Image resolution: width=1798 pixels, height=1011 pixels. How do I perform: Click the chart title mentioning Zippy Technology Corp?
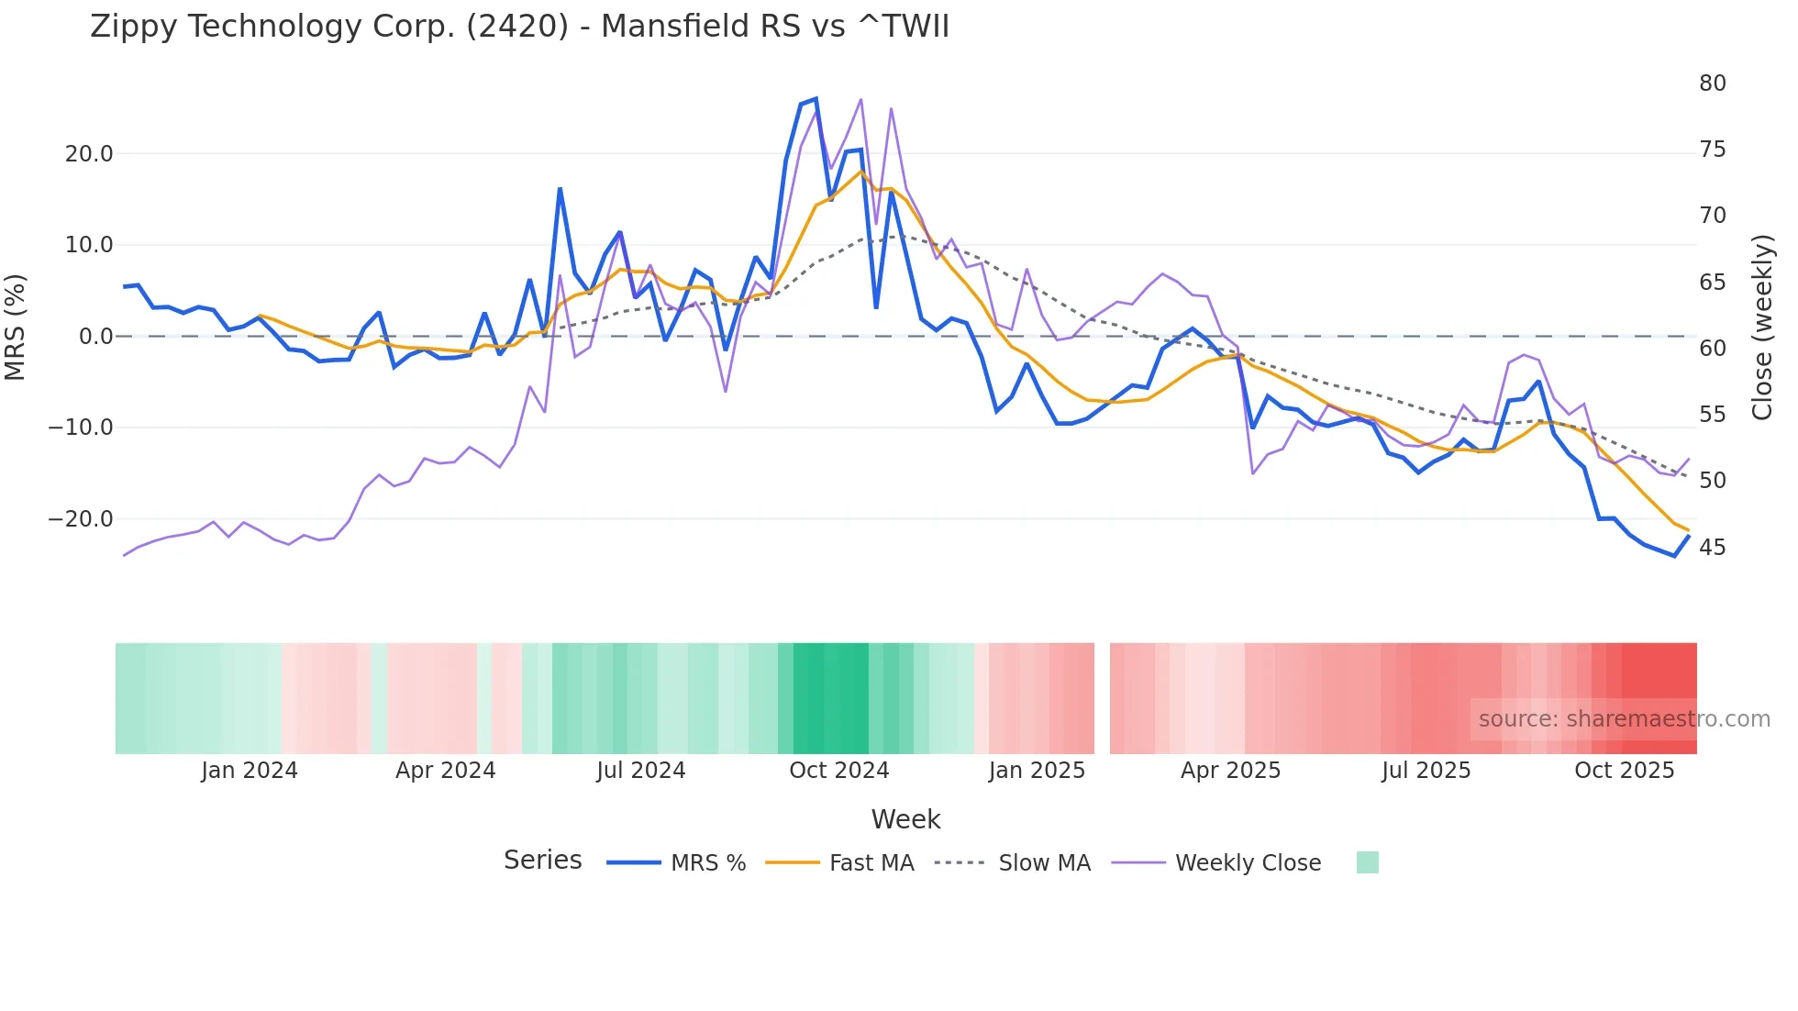pos(519,27)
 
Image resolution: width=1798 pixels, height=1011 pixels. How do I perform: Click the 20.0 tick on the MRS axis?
pos(89,154)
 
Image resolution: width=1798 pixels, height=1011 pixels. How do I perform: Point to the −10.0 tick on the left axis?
pos(81,428)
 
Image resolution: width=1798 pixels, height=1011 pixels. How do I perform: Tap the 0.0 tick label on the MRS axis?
pos(96,337)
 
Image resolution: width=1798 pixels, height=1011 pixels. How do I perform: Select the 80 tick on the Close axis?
pos(1712,83)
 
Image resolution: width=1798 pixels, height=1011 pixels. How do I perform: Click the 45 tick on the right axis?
pos(1712,548)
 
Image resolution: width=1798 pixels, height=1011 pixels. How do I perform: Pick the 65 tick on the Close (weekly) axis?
pos(1712,283)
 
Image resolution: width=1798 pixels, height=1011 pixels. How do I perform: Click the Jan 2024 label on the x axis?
pos(250,771)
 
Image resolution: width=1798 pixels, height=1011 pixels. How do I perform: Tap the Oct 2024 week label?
pos(838,771)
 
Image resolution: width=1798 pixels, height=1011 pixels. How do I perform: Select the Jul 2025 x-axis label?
pos(1426,771)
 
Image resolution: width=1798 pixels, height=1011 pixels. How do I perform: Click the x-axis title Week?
pos(905,819)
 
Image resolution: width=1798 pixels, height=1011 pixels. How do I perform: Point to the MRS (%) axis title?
pos(16,328)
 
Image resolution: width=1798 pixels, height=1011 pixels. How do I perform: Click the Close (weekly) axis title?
pos(1762,328)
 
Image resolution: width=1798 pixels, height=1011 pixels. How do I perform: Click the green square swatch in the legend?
pos(1367,862)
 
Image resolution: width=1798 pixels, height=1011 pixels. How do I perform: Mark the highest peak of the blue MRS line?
pos(816,99)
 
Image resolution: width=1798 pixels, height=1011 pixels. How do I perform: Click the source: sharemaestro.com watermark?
pos(1624,719)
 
